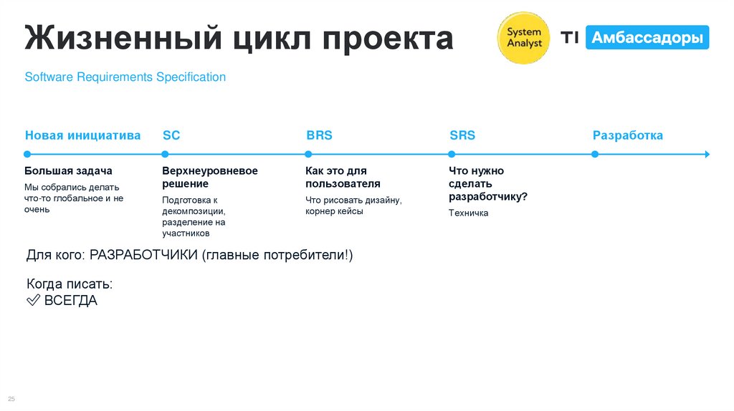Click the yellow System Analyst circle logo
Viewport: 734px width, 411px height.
coord(524,37)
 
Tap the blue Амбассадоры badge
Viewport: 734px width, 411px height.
coord(647,37)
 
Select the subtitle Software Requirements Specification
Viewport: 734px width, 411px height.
coord(125,77)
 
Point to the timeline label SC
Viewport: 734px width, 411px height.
coord(171,135)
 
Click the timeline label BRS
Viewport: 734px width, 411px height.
coord(319,135)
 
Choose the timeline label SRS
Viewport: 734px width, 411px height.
coord(462,135)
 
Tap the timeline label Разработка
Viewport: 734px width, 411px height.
coord(627,135)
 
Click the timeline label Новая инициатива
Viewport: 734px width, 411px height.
coord(82,135)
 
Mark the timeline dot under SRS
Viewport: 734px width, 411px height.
coord(452,154)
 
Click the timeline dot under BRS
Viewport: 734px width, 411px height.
coord(308,154)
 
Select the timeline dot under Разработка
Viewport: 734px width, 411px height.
coord(594,154)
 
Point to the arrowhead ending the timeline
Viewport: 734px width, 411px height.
coord(707,154)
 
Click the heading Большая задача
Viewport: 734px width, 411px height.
coord(68,171)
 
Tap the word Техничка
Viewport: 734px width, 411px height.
coord(468,213)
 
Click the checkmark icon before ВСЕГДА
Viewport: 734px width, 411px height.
coord(33,301)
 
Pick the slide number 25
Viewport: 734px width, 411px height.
coord(11,399)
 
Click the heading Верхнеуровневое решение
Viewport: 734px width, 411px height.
coord(209,178)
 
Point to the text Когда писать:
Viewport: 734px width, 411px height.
coord(70,284)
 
